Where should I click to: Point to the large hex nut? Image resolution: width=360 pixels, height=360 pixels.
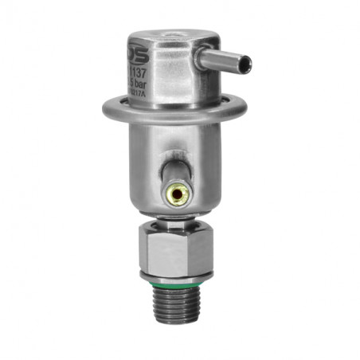click(x=176, y=248)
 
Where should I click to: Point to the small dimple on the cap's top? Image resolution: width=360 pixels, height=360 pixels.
click(x=170, y=35)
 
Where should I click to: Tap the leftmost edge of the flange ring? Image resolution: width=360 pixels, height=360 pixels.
click(x=103, y=110)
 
